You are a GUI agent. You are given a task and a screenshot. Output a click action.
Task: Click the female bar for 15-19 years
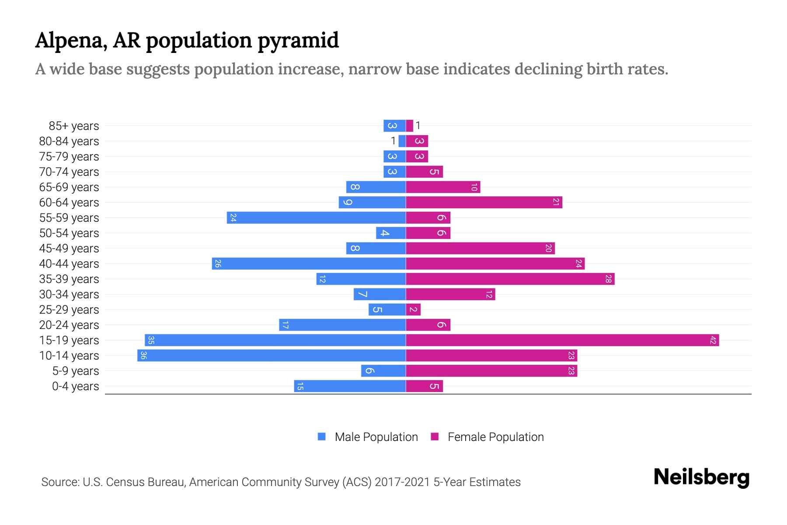pos(562,340)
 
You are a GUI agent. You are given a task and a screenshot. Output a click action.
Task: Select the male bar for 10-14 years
pos(271,355)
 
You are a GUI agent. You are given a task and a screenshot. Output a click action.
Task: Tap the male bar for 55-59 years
pos(316,217)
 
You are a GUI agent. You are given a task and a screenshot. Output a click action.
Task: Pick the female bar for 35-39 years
pos(510,279)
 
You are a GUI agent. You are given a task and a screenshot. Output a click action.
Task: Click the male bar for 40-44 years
pos(309,263)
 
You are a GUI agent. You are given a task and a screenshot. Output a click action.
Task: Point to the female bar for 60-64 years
pos(484,202)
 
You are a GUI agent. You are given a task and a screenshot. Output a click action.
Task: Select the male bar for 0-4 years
pos(350,386)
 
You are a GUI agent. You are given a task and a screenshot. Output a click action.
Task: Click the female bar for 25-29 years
pos(413,309)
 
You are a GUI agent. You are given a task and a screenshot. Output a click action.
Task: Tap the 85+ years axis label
pos(73,126)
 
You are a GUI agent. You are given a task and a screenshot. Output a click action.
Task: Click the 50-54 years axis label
pos(69,233)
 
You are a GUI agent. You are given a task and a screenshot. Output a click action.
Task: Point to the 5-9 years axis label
pos(75,371)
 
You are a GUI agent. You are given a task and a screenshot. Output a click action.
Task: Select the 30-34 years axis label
pos(69,294)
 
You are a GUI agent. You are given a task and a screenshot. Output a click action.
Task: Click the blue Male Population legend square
pos(322,437)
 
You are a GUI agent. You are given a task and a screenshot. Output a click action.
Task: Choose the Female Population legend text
pos(495,437)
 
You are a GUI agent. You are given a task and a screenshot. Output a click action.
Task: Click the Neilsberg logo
pos(701,477)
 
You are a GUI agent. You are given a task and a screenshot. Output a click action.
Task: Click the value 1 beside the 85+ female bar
pos(418,126)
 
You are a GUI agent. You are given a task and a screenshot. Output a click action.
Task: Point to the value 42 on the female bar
pos(713,340)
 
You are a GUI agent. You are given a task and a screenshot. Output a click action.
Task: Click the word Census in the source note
pos(126,482)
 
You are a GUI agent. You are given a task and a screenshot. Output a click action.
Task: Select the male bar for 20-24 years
pos(342,325)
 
